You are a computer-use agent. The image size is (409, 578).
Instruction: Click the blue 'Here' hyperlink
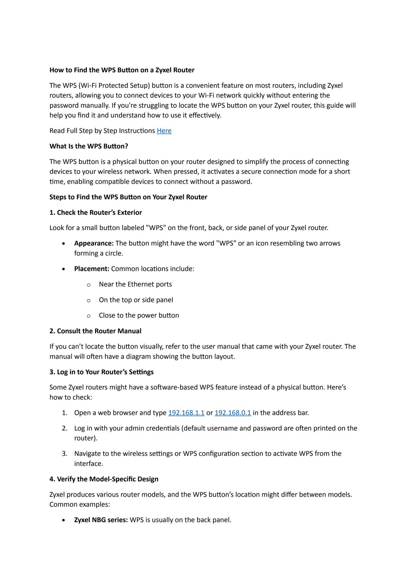tap(164, 131)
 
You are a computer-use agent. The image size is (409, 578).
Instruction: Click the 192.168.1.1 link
tap(186, 413)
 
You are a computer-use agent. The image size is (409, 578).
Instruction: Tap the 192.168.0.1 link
tap(233, 413)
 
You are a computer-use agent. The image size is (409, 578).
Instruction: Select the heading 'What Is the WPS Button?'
tap(89, 146)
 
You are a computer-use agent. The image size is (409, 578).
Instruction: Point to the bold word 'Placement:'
tap(91, 269)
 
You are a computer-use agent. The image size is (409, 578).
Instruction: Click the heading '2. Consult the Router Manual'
tap(95, 331)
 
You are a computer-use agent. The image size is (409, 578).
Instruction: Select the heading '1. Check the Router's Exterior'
tap(96, 213)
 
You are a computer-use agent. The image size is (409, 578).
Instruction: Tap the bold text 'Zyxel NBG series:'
tap(101, 520)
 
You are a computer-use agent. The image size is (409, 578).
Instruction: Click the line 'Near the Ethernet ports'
tap(135, 284)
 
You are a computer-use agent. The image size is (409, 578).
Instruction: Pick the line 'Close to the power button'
tap(139, 315)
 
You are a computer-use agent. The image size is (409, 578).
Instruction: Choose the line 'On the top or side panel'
tap(136, 300)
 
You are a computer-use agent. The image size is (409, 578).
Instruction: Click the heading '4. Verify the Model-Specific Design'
tap(104, 479)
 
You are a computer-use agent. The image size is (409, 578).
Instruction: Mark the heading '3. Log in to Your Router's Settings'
tap(101, 372)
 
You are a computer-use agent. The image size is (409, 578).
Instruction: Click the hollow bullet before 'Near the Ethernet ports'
tap(89, 285)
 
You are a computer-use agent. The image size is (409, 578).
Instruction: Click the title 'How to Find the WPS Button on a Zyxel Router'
tap(122, 70)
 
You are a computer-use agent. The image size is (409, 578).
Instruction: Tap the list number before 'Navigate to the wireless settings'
tap(65, 454)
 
